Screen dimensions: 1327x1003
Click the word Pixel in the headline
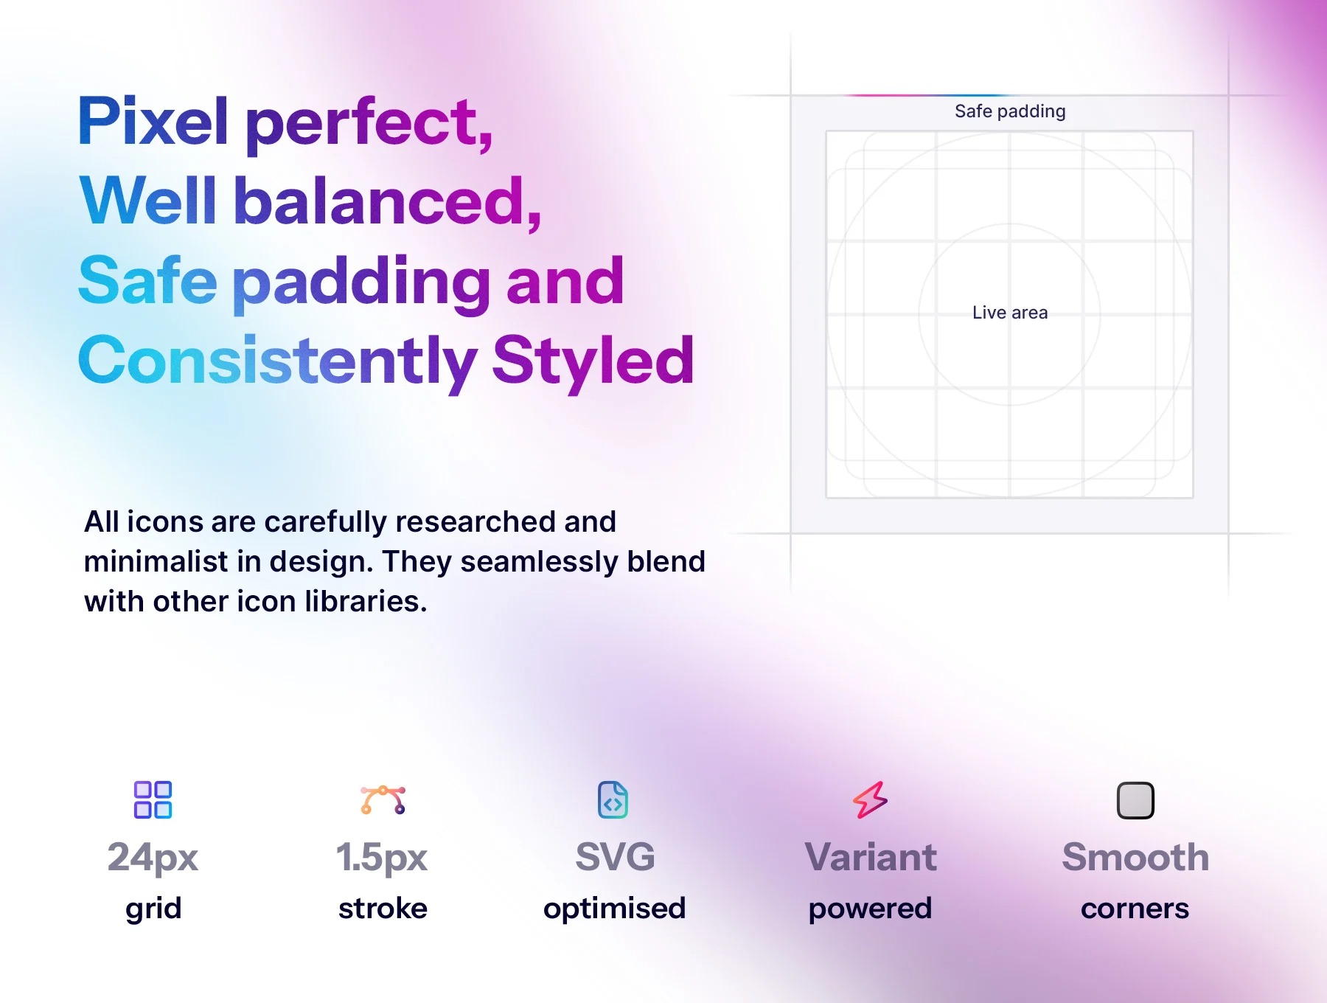pos(153,121)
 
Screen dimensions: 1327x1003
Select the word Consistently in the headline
pos(277,362)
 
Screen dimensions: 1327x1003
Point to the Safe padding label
pos(1010,111)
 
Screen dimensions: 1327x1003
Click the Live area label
pos(1010,313)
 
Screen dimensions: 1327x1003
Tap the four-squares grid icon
pos(153,800)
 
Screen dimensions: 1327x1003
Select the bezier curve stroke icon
pos(383,800)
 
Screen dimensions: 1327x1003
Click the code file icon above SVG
pos(613,800)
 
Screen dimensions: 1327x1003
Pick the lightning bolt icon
pos(871,800)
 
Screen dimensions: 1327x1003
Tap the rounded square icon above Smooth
pos(1135,800)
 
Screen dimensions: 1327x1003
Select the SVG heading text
pos(615,857)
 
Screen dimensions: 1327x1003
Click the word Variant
pos(871,857)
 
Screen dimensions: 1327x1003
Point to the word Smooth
pos(1135,857)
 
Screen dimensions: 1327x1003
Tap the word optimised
pos(615,909)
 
